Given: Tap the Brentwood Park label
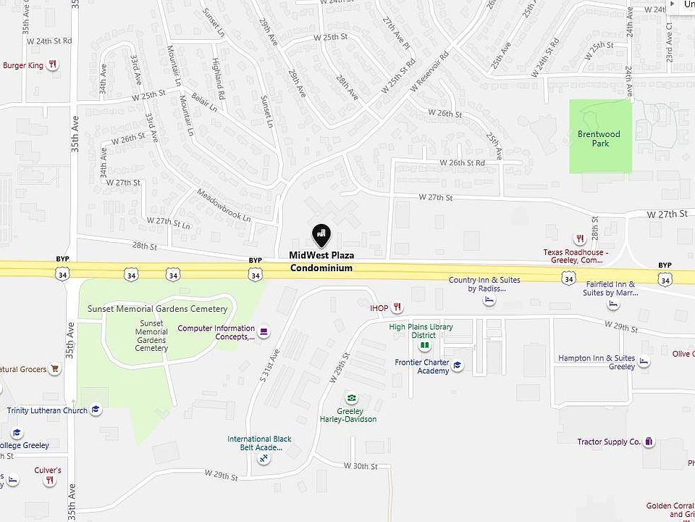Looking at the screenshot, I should click(599, 138).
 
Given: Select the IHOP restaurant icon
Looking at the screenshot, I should click(397, 308).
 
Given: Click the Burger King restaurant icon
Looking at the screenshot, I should click(53, 65).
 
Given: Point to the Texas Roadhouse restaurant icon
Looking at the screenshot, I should click(579, 238).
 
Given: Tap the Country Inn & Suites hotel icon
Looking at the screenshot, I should click(489, 300).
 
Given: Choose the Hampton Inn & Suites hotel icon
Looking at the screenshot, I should click(644, 362).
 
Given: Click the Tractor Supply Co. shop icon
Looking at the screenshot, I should click(649, 442).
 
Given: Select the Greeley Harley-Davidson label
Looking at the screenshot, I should click(348, 415).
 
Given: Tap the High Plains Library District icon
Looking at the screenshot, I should click(425, 345).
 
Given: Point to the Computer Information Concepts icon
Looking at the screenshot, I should click(264, 332).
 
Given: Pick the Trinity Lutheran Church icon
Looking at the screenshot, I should click(96, 410).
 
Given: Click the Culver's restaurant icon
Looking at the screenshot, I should click(49, 480).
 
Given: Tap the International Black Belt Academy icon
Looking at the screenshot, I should click(264, 459).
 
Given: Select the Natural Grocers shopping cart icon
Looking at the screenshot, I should click(55, 369).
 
